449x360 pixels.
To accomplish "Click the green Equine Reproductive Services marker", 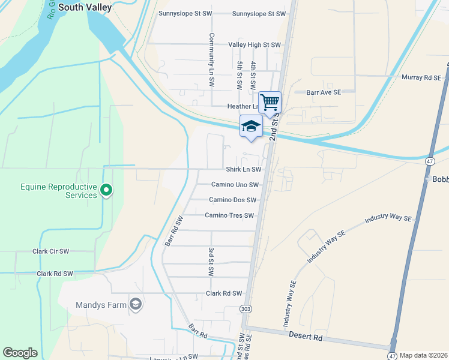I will (106, 191).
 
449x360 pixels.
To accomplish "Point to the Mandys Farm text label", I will (101, 305).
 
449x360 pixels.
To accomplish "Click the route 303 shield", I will (249, 308).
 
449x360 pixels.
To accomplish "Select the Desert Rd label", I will (306, 338).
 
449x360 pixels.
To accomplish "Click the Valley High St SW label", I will (255, 45).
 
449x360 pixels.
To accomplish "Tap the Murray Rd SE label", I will (421, 78).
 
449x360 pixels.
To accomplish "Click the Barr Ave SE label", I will (324, 92).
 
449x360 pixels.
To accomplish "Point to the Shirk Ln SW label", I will (243, 170).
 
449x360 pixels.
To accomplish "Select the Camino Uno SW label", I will (235, 185).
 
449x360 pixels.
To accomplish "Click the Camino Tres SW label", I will (229, 215).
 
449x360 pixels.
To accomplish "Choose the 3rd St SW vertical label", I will (211, 262).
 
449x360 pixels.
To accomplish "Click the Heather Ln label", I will (243, 107).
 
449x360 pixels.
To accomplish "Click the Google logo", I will (20, 353).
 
